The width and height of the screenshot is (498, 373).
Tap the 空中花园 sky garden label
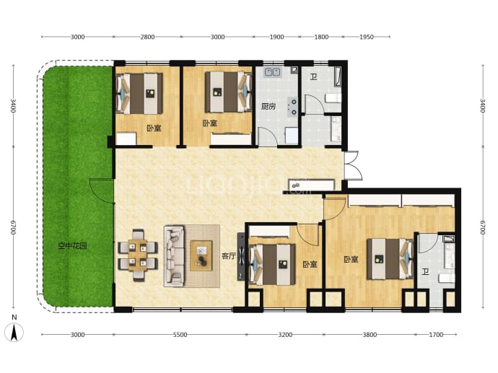click(x=72, y=246)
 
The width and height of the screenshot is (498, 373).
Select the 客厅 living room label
click(x=229, y=256)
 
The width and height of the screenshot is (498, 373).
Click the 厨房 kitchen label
click(x=268, y=106)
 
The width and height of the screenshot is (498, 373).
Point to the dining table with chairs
click(x=138, y=255)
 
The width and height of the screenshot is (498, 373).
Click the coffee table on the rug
click(x=201, y=256)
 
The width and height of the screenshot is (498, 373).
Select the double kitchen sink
click(x=273, y=72)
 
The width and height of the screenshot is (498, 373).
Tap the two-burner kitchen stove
click(x=293, y=107)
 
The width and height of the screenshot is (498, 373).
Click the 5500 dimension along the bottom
click(x=180, y=335)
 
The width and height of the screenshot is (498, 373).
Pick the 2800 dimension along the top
click(x=147, y=37)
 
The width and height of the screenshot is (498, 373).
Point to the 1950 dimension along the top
click(x=367, y=37)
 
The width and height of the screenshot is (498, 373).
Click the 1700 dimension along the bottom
click(x=436, y=335)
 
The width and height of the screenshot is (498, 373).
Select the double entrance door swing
click(x=353, y=166)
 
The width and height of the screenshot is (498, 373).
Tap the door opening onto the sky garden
click(x=102, y=190)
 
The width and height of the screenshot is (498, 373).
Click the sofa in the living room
click(x=174, y=256)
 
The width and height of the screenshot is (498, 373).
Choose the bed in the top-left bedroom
click(x=139, y=93)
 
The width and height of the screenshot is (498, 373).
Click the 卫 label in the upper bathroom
click(x=313, y=76)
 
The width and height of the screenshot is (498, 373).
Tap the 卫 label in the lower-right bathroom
click(x=426, y=272)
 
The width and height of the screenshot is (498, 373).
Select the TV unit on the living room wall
click(x=242, y=257)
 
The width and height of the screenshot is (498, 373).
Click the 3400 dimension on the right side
click(x=483, y=106)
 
